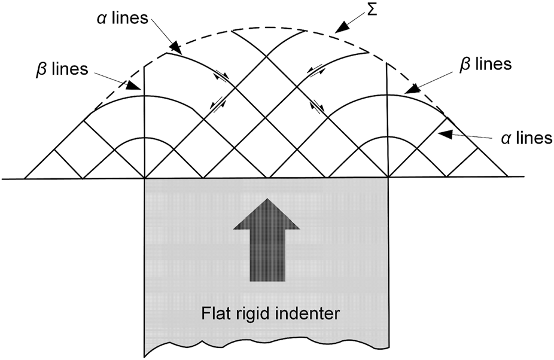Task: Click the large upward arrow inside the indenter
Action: tap(267, 242)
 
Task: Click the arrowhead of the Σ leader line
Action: tap(342, 28)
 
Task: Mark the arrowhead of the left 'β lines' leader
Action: tap(138, 89)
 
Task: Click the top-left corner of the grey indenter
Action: tap(145, 178)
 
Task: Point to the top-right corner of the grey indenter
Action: tap(388, 178)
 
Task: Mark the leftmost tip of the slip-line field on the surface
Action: tap(25, 178)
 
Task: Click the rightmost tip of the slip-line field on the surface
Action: tap(508, 177)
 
